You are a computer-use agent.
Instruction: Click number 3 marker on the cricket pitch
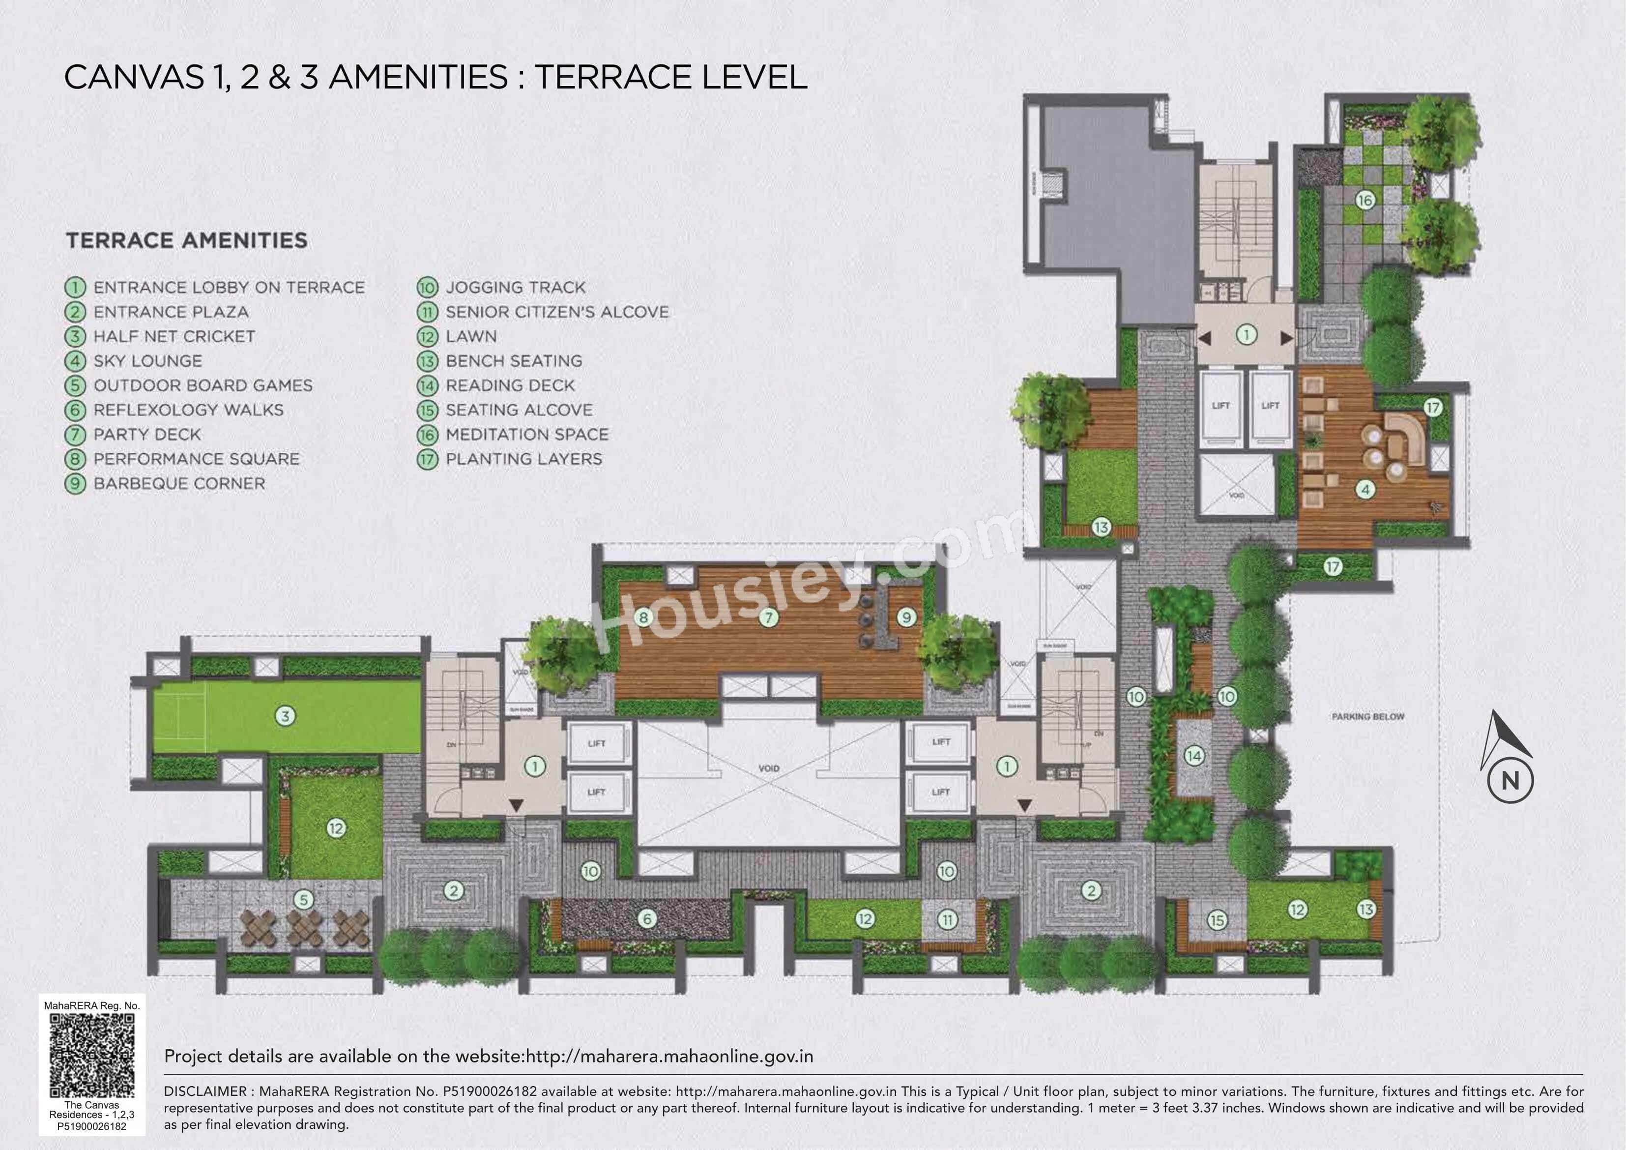(286, 716)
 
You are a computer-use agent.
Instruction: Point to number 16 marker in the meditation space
(1364, 201)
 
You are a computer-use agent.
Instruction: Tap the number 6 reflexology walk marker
(646, 919)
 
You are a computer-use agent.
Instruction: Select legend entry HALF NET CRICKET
(174, 337)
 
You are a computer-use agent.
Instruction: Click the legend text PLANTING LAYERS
(523, 459)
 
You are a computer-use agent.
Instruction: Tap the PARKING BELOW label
(1367, 716)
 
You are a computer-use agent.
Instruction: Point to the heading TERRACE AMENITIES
(187, 240)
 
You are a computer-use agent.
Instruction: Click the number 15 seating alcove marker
(1217, 920)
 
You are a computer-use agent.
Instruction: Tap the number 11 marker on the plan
(948, 920)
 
